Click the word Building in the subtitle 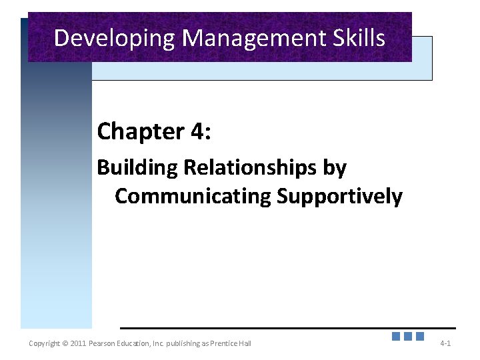(137, 167)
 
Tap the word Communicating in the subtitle (193, 197)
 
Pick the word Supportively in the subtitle (340, 197)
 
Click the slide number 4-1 (445, 343)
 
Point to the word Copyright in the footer (44, 343)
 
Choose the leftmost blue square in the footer (396, 337)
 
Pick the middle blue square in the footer (408, 337)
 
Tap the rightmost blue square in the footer (420, 337)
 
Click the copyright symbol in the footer (65, 343)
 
